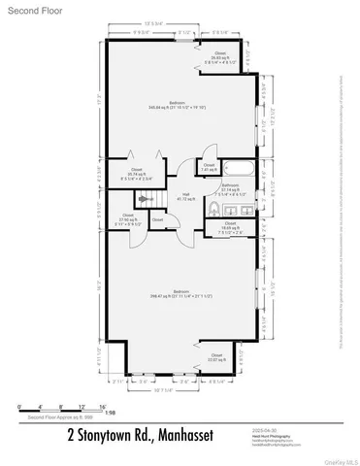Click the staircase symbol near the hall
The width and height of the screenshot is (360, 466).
(x=145, y=199)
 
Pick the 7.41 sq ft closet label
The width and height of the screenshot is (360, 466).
(x=209, y=166)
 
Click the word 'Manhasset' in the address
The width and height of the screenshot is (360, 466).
(x=182, y=435)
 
